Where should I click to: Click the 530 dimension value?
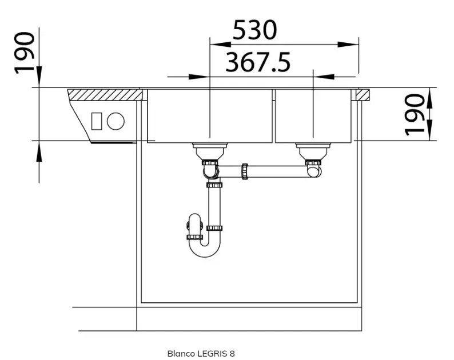[255, 30]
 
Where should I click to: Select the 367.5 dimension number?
[258, 62]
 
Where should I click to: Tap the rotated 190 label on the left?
[25, 53]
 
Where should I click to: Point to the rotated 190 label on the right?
[415, 115]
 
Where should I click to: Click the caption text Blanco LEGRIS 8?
[201, 353]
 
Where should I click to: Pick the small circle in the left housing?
[116, 121]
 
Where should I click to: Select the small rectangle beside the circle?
[97, 121]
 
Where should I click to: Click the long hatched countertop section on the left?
[105, 95]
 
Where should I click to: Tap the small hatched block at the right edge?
[363, 95]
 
